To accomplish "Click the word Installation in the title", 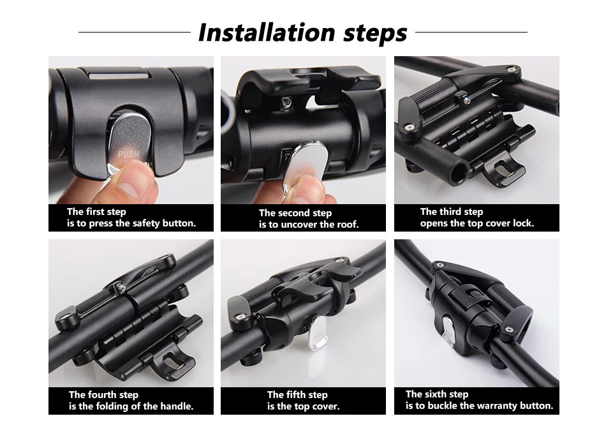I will click(x=258, y=33).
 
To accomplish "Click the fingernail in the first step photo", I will click(x=133, y=186).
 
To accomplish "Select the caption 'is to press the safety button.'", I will click(x=131, y=223).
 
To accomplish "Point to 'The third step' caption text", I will click(x=451, y=212).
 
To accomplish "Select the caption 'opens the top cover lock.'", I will click(x=477, y=223).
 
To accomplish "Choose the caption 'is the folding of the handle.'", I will click(x=131, y=406).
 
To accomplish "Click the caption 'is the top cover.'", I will click(x=303, y=406).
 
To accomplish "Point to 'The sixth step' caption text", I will click(x=437, y=394).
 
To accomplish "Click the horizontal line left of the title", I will click(x=134, y=32).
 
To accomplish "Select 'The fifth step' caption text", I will click(x=297, y=395).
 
